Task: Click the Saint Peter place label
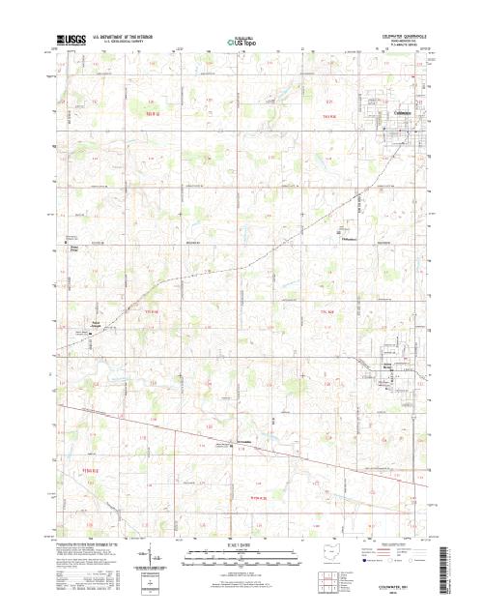pos(73,249)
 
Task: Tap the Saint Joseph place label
pos(95,323)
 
